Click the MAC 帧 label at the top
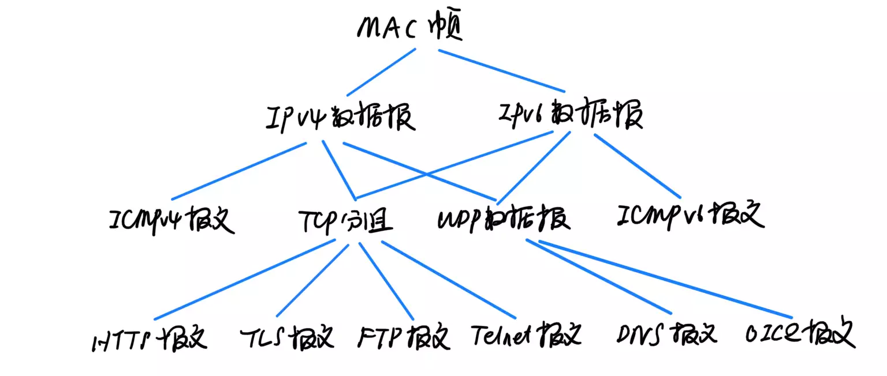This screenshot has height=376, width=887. click(410, 29)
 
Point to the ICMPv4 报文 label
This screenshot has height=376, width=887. click(172, 219)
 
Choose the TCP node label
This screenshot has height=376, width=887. click(345, 220)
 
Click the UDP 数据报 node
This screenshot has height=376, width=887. click(504, 218)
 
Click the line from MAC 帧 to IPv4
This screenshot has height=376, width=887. click(381, 72)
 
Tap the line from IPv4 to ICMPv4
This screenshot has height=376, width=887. click(238, 171)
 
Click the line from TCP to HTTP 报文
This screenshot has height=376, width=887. click(245, 280)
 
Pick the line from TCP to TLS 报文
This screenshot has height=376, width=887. click(312, 280)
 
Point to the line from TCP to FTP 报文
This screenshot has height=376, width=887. click(386, 280)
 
